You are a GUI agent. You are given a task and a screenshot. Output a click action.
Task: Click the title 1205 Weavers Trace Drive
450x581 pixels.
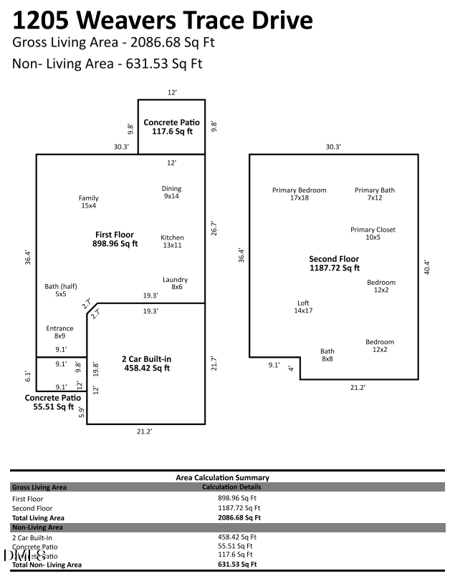163,19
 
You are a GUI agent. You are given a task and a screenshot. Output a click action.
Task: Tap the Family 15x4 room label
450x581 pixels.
89,202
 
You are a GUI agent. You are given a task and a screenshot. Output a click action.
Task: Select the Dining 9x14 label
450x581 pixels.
172,192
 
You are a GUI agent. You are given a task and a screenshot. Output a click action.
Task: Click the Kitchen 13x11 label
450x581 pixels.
172,241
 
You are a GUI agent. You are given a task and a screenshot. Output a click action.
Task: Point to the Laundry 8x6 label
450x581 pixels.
175,283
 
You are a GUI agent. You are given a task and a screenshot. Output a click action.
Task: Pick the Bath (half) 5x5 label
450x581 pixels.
61,290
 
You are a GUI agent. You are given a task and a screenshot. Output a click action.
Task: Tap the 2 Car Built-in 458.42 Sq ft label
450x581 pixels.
147,363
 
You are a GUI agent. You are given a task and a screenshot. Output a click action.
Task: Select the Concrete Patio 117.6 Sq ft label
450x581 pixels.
171,127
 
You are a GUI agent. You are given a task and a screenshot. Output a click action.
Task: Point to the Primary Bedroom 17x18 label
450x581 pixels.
299,194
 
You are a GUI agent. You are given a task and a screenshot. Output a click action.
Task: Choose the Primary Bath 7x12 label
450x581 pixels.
375,194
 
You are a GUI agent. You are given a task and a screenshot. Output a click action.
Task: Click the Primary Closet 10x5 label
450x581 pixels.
373,233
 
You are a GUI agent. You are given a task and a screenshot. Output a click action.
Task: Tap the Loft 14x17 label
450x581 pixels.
304,307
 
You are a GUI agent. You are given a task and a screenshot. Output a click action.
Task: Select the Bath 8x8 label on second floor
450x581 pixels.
327,355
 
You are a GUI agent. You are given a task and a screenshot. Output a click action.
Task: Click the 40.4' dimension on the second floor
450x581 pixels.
427,266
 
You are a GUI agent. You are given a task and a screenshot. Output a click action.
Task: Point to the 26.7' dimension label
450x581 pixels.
213,228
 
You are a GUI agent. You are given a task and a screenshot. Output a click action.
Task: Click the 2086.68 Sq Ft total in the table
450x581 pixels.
239,517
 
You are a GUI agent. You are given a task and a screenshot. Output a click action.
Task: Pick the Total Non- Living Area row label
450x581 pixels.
47,565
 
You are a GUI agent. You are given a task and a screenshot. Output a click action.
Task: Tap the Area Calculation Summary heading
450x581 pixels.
222,477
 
